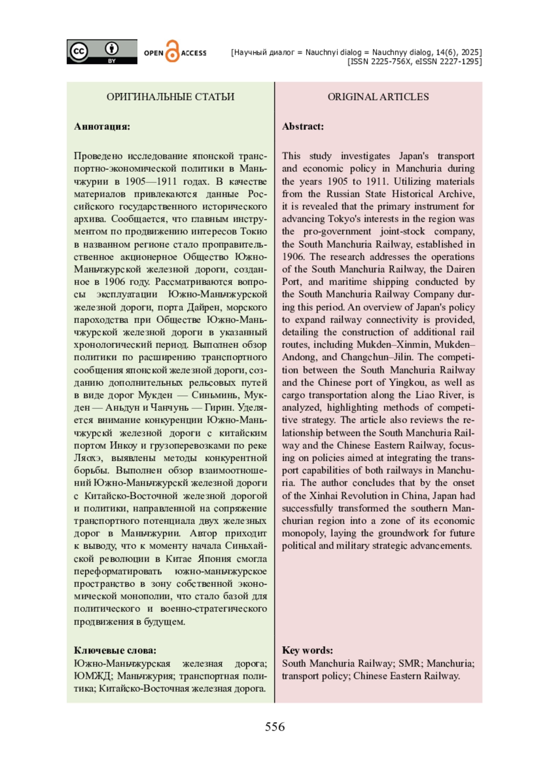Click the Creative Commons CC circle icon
(x=79, y=51)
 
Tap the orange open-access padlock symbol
(x=172, y=52)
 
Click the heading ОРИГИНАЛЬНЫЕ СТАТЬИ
(x=170, y=97)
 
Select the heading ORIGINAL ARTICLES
(x=378, y=97)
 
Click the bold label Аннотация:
(x=102, y=126)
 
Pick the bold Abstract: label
(x=303, y=126)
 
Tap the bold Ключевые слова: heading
(x=115, y=650)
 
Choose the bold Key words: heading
(x=307, y=650)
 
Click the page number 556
(x=274, y=727)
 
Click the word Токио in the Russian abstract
(x=254, y=231)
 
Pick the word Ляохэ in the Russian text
(x=86, y=458)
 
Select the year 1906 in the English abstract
(x=293, y=256)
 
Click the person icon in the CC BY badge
(x=112, y=49)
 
